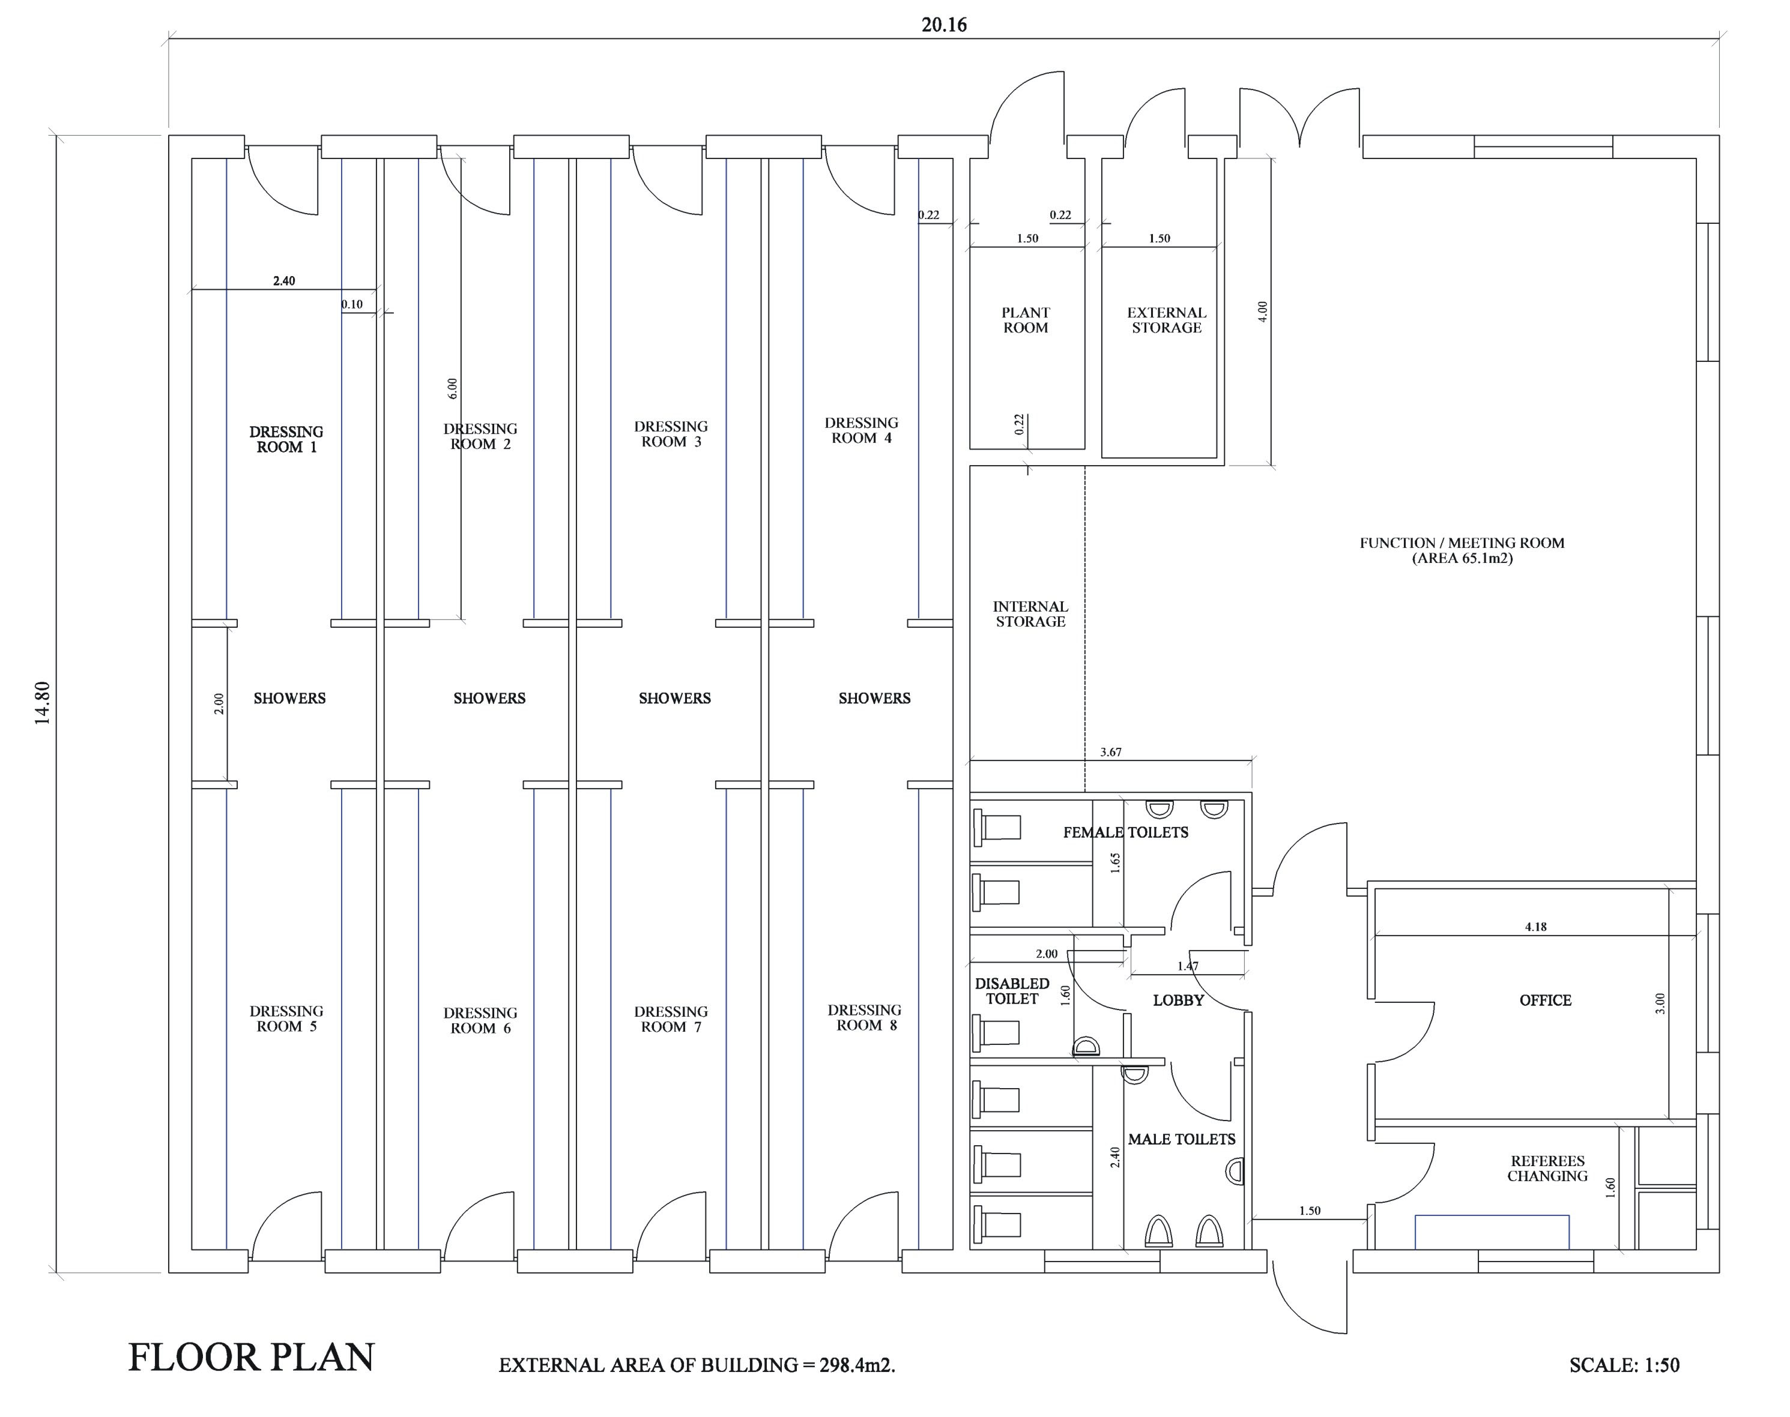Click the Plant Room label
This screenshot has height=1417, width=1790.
(1026, 320)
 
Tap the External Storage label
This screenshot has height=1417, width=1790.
(1166, 320)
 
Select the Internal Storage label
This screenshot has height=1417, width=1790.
(1030, 614)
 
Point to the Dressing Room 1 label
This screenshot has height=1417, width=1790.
(286, 440)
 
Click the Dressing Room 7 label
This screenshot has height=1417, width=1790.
(671, 1018)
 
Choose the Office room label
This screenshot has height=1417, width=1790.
(1545, 1000)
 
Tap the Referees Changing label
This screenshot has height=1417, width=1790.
(1547, 1168)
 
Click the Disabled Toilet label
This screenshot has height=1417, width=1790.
(1012, 990)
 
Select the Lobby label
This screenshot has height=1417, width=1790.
(1178, 1000)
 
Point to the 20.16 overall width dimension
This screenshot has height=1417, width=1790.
(945, 25)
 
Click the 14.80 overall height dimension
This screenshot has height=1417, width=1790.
(42, 703)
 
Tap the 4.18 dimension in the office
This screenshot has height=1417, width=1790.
(1535, 927)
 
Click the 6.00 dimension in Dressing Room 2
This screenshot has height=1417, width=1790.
(452, 388)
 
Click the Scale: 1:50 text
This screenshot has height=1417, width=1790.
(1624, 1365)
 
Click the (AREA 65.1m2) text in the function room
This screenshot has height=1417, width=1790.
(1462, 558)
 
